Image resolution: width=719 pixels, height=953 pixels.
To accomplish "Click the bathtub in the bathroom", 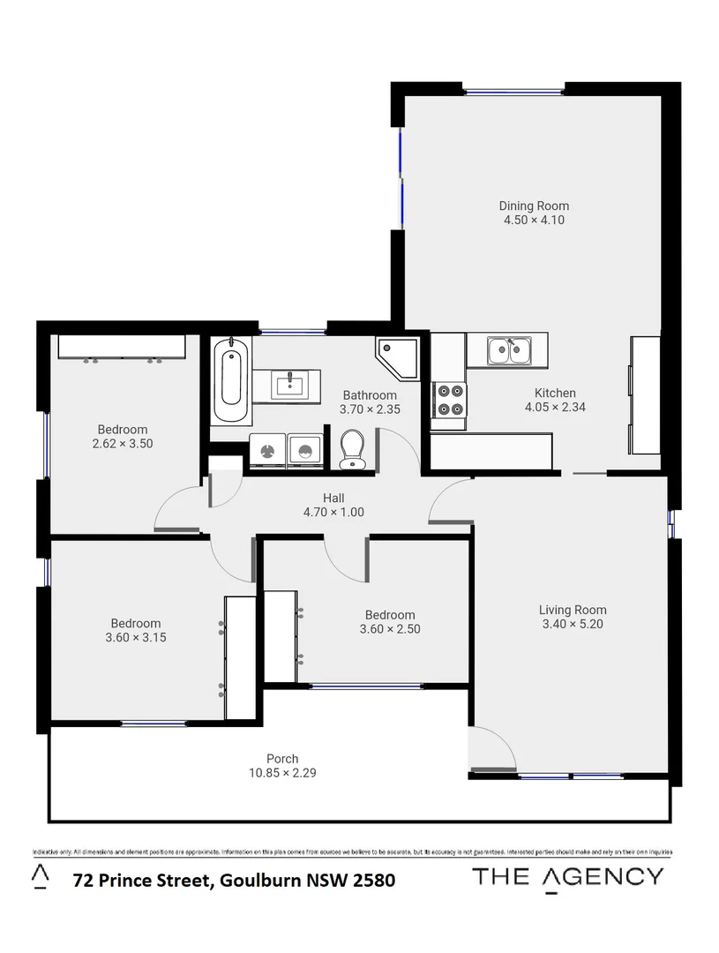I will [231, 381].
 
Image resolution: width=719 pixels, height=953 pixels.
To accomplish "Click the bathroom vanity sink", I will [289, 385].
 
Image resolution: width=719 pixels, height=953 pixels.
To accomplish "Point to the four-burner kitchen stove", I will [450, 399].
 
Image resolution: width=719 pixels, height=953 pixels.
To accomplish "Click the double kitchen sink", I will [509, 351].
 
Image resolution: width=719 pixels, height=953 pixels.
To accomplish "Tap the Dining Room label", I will [534, 206].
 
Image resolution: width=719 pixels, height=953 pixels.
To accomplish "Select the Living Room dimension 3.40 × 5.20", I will [573, 624].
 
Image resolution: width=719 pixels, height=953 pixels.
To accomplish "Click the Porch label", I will [282, 758].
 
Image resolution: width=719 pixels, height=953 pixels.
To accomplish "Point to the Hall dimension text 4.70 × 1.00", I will [333, 512].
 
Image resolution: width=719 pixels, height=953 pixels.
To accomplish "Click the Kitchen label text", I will [555, 393].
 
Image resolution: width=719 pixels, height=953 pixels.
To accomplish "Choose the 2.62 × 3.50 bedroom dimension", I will [123, 444].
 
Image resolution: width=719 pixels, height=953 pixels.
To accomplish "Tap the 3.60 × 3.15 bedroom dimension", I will [135, 637].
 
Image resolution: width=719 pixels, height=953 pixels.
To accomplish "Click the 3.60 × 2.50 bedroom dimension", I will [389, 629].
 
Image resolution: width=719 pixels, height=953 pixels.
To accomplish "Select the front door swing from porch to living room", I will [491, 750].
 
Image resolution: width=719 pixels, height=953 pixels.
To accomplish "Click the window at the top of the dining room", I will [513, 90].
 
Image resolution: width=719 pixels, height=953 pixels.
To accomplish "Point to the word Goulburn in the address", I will [257, 880].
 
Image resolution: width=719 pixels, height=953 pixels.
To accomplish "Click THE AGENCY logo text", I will [567, 876].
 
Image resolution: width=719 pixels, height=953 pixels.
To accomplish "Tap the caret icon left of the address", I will [40, 874].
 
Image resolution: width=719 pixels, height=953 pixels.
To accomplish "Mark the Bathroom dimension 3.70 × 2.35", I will [370, 409].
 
